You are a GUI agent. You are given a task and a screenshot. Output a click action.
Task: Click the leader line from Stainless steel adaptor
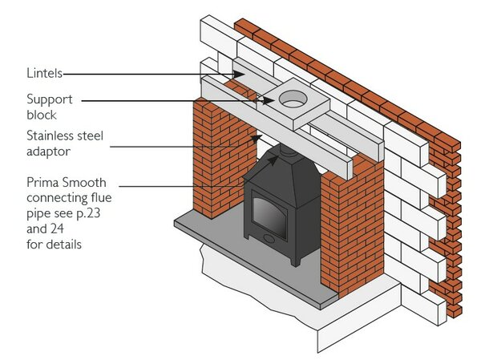176,145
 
